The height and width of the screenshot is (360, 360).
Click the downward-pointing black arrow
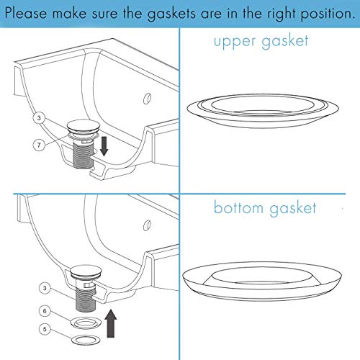(x=104, y=145)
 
